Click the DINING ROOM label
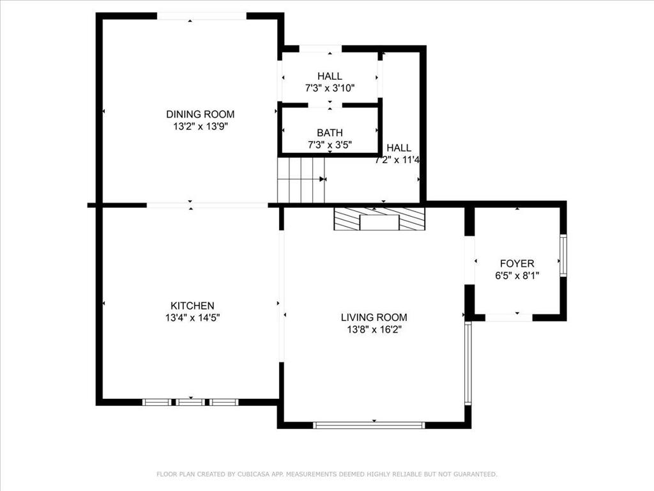[x=200, y=114]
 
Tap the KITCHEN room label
[x=192, y=306]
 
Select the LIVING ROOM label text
[x=374, y=317]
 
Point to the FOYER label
[x=517, y=263]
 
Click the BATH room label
[x=330, y=133]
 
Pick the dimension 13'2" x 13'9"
[x=200, y=127]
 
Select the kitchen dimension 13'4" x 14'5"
[x=192, y=317]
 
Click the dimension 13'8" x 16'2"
[x=374, y=329]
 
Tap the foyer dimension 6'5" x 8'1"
[x=517, y=276]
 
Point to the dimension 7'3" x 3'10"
[x=330, y=88]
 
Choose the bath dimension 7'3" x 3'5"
[x=330, y=145]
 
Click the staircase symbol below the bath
[x=301, y=180]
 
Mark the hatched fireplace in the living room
[x=379, y=219]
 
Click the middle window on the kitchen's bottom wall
[x=190, y=402]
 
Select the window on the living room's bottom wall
[x=369, y=425]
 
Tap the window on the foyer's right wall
[x=563, y=256]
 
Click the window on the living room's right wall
[x=468, y=363]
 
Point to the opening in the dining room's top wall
[x=201, y=16]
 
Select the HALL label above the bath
[x=330, y=76]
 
